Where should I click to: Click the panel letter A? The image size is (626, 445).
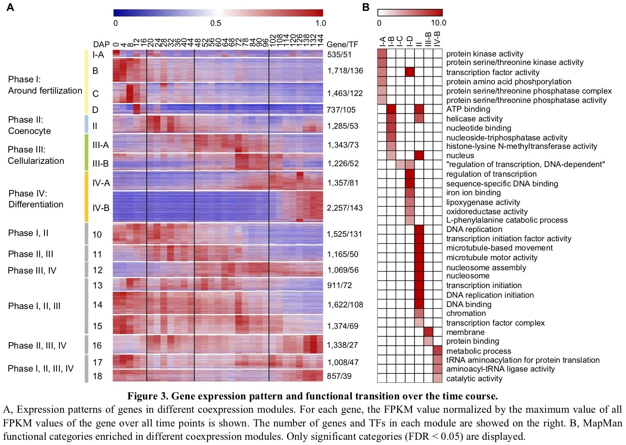click(x=10, y=7)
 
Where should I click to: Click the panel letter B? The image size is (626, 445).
click(x=366, y=7)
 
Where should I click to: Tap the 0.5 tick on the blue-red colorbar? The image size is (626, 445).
click(x=216, y=23)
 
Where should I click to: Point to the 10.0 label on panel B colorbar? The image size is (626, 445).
click(x=438, y=23)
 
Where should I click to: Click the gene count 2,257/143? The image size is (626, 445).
click(x=345, y=208)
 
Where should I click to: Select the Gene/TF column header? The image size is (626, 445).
click(x=342, y=44)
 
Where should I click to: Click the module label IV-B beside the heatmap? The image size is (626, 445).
click(x=101, y=208)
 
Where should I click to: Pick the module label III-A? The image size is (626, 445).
click(x=100, y=145)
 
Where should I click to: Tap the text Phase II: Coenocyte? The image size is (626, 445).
click(x=29, y=125)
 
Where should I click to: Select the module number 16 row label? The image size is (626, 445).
click(x=97, y=345)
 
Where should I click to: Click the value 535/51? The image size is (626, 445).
click(x=339, y=54)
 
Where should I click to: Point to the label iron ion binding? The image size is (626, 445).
click(x=473, y=193)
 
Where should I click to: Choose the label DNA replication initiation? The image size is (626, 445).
click(x=490, y=295)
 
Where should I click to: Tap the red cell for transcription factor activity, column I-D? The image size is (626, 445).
click(x=410, y=72)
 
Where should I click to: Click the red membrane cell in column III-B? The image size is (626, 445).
click(x=428, y=332)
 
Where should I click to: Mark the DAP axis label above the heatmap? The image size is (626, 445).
click(x=101, y=44)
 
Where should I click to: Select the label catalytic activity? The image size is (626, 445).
click(x=474, y=378)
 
